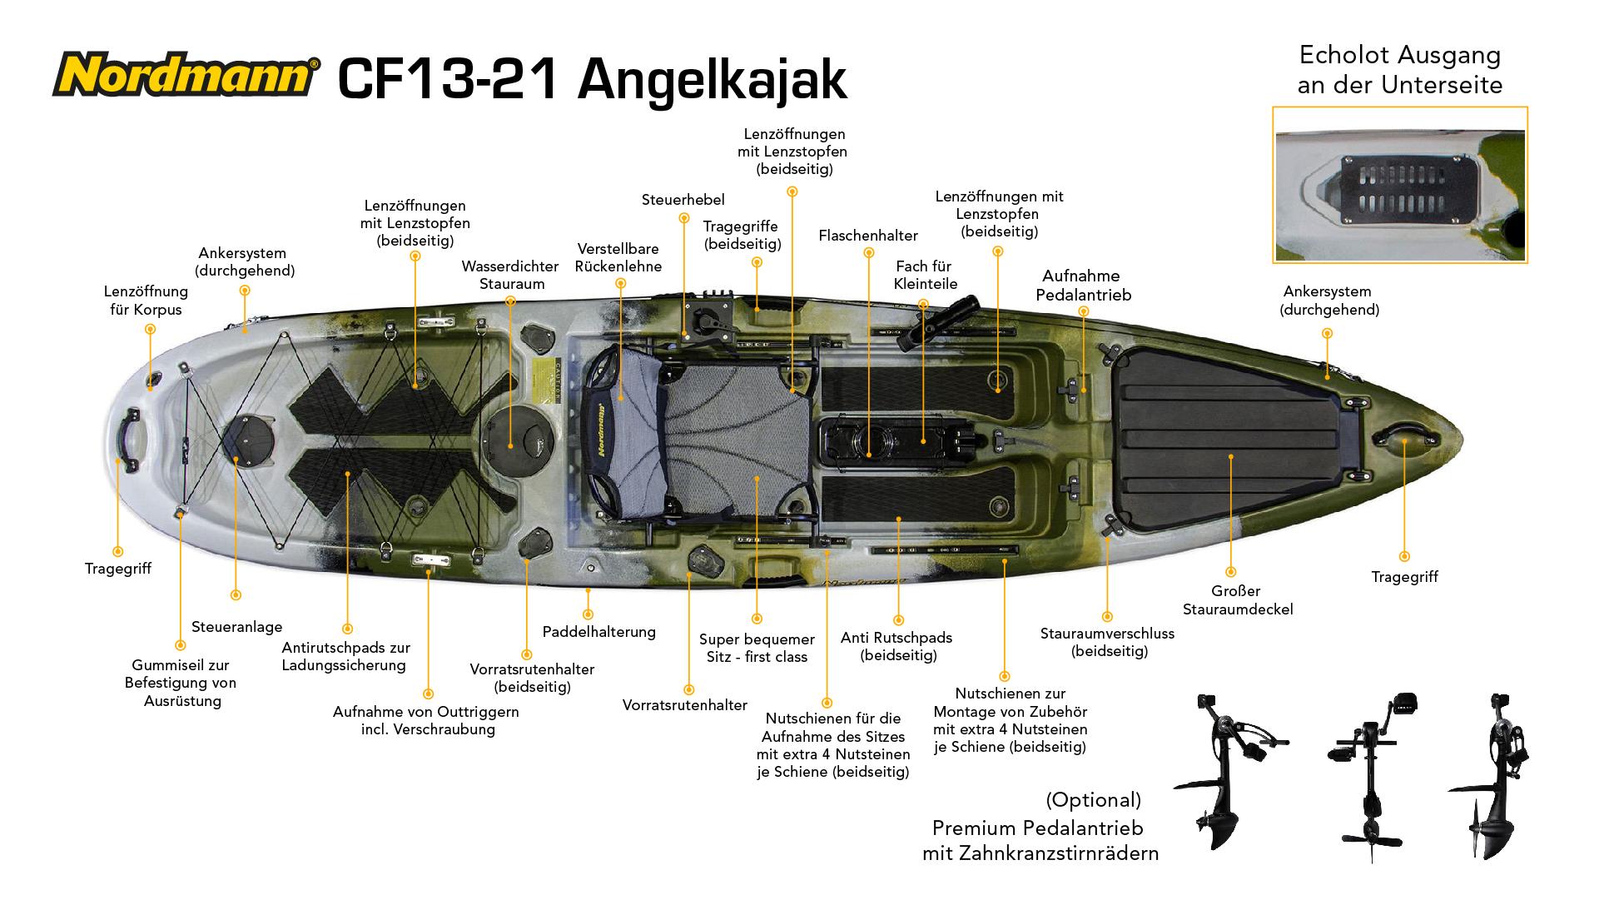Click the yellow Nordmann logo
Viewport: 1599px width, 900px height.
[x=186, y=74]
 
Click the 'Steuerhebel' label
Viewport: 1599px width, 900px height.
[x=683, y=200]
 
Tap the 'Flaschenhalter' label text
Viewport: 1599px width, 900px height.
[x=868, y=236]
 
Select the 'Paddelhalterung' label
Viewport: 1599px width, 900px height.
[x=599, y=632]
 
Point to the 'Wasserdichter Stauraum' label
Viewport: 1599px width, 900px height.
[x=510, y=275]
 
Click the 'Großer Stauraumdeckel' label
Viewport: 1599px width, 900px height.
[x=1238, y=600]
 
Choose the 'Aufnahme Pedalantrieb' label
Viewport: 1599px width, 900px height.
[x=1083, y=285]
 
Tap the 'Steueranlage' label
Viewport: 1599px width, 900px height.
[x=237, y=627]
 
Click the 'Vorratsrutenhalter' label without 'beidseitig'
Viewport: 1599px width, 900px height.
[x=685, y=705]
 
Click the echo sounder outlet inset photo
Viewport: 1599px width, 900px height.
[x=1400, y=185]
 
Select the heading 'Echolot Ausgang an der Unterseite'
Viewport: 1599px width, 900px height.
[x=1400, y=70]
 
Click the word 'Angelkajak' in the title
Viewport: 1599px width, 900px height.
[x=713, y=80]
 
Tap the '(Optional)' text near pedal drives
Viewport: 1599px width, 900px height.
[x=1094, y=800]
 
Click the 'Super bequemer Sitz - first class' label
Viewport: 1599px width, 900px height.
[x=757, y=648]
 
